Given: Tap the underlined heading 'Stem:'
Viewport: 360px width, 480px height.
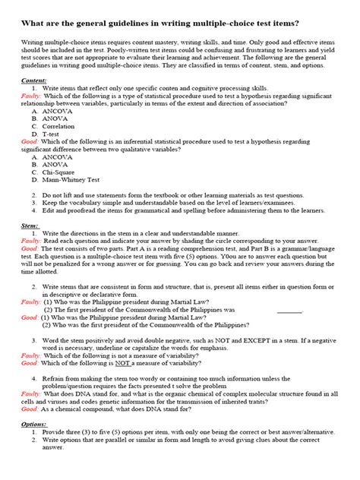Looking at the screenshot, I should pos(29,226).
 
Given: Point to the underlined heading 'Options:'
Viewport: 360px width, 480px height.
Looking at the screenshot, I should pos(33,424).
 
